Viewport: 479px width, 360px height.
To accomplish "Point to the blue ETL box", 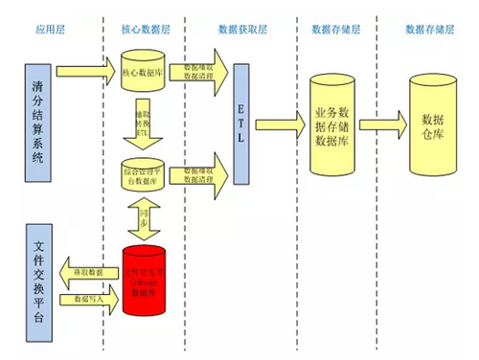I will coord(241,124).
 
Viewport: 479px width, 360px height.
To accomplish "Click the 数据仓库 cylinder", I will coord(432,121).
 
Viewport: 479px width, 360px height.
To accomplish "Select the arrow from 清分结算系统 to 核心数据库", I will coord(86,72).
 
